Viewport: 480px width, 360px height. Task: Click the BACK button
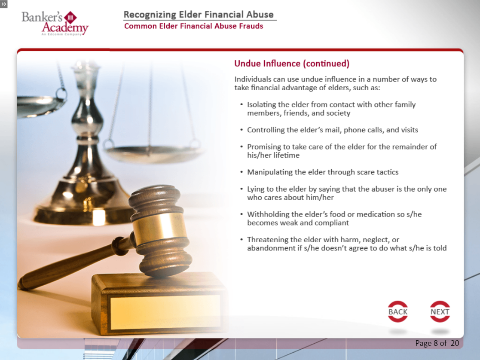pos(397,311)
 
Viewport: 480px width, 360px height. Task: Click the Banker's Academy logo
pos(55,23)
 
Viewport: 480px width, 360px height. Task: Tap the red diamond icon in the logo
pos(70,18)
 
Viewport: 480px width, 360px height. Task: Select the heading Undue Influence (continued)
pos(292,64)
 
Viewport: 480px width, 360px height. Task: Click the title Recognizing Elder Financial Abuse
pos(199,14)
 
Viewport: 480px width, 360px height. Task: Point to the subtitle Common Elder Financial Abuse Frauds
pos(193,26)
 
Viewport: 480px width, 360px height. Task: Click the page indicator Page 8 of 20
pos(437,343)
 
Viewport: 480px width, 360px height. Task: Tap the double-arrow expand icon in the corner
pos(4,4)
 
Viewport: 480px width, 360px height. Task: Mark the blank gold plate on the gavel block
pos(165,312)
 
